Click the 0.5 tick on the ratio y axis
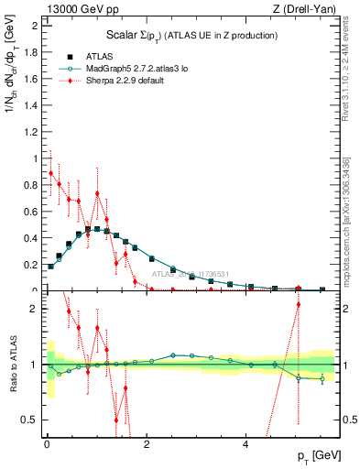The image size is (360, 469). click(30, 420)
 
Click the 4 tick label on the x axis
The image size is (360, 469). click(245, 444)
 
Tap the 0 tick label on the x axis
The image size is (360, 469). click(46, 444)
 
